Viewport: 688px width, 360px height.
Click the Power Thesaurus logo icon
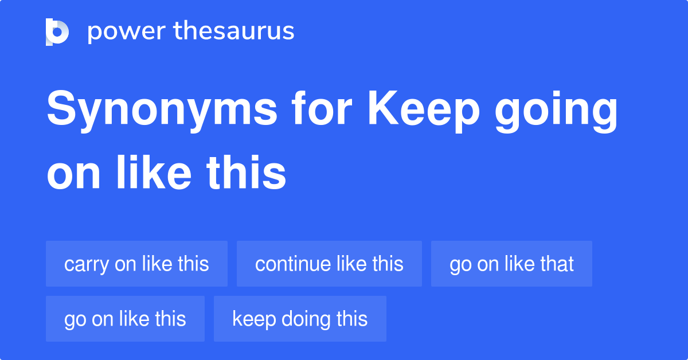coord(57,32)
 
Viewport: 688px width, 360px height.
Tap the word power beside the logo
coord(127,32)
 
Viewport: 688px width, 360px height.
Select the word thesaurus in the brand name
coord(234,30)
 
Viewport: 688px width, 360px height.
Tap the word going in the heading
coord(556,111)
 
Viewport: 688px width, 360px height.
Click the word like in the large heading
coord(154,172)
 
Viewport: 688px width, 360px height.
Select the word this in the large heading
coord(247,172)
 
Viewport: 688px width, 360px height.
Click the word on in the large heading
coord(74,177)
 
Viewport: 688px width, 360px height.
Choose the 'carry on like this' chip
coord(136,264)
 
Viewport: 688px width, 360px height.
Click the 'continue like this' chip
coord(329,264)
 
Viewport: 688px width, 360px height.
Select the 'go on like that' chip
coord(511,264)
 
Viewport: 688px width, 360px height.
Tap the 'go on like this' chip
coord(126,319)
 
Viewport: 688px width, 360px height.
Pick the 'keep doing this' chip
coord(300,319)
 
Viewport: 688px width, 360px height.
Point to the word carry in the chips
coord(87,265)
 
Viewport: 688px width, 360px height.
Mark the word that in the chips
coord(557,264)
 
